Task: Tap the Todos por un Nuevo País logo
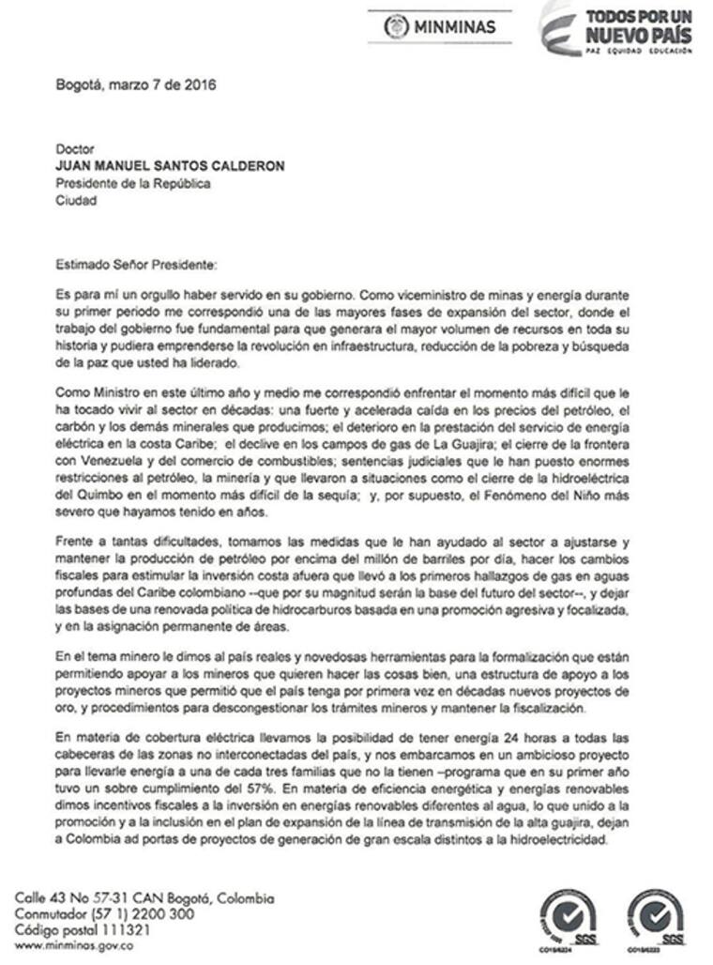(619, 29)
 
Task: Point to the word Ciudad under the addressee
(76, 200)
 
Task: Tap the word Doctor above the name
(76, 149)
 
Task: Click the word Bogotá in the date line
(81, 84)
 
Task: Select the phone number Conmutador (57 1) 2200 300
(105, 914)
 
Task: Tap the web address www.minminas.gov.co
(74, 946)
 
